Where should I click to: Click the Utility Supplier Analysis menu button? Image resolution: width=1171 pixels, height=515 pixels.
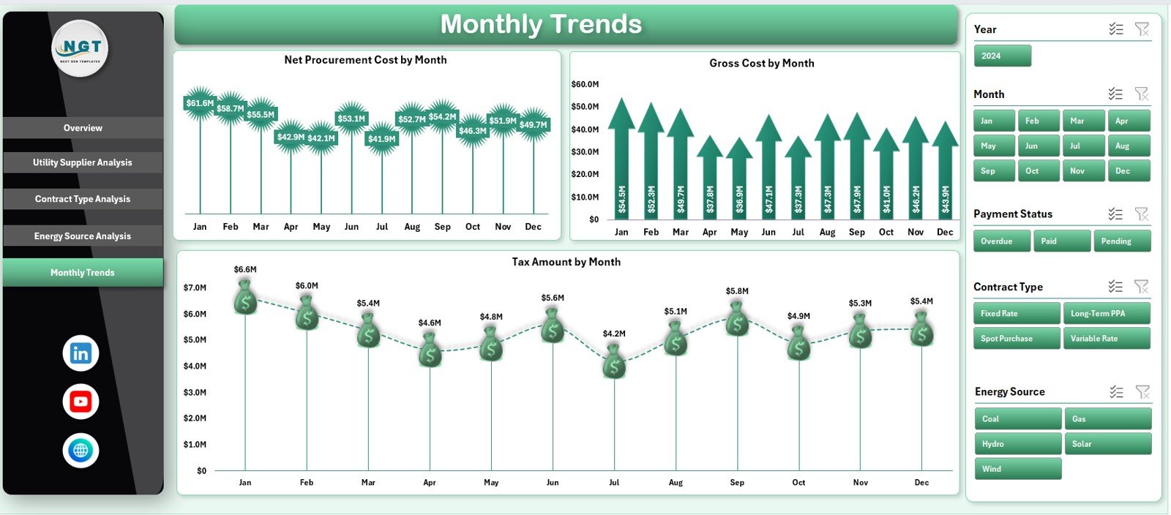tap(83, 162)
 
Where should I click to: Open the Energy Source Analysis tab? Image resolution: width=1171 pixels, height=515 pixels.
tap(83, 236)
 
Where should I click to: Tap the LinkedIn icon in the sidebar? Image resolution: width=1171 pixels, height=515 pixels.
tap(81, 353)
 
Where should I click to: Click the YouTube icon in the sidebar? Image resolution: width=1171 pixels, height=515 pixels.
tap(81, 402)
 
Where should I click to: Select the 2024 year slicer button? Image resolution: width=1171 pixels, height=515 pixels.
tap(1002, 56)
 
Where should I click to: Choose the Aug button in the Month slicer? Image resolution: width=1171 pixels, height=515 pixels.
tap(1128, 146)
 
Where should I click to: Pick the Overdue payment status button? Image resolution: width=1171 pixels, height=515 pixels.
tap(1001, 241)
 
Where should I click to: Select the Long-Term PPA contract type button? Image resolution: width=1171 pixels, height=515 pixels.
tap(1106, 313)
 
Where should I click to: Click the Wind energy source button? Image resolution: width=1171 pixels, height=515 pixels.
tap(1017, 469)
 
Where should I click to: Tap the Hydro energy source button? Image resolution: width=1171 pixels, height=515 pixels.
tap(1017, 444)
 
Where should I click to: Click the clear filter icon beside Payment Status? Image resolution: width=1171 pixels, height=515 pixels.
tap(1142, 214)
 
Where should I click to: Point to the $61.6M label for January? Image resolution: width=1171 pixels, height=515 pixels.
tap(200, 103)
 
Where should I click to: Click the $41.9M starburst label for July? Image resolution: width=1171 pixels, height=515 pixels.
tap(382, 139)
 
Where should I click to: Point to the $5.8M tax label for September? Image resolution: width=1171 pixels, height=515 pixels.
tap(737, 291)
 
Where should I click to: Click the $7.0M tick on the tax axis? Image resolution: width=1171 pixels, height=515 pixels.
tap(195, 287)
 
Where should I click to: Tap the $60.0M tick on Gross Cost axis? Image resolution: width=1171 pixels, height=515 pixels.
tap(585, 84)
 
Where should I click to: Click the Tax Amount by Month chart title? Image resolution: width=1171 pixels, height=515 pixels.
tap(566, 262)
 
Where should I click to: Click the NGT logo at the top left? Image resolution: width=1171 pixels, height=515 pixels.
tap(81, 48)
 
